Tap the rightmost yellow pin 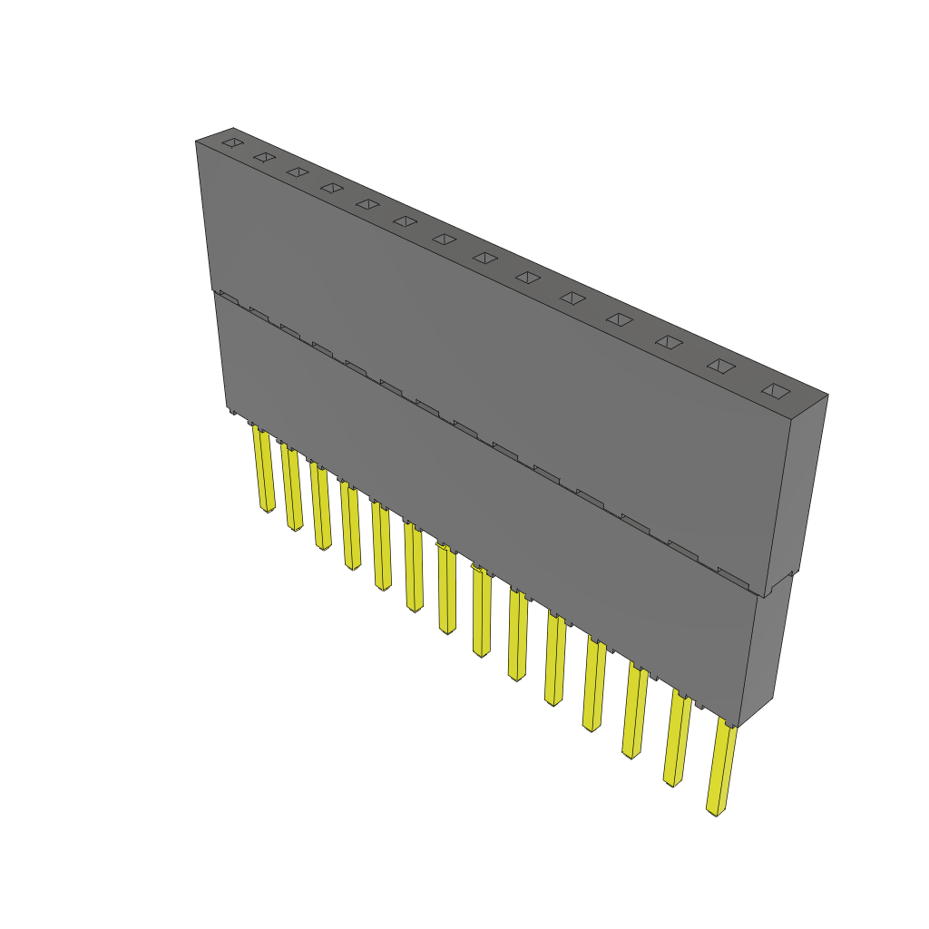(x=722, y=768)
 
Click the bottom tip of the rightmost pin (x=716, y=811)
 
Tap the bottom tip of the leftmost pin (x=267, y=509)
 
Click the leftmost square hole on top (x=233, y=143)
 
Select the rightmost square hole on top (x=776, y=391)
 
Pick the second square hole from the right (x=720, y=366)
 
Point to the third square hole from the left (x=298, y=171)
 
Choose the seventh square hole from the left (x=445, y=239)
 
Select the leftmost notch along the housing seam (x=228, y=297)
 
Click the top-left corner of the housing (x=197, y=142)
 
